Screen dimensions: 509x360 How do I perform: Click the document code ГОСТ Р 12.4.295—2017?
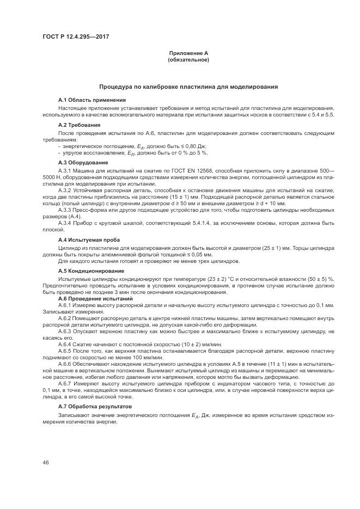pyautogui.click(x=72, y=37)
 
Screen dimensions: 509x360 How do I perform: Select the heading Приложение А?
pyautogui.click(x=188, y=53)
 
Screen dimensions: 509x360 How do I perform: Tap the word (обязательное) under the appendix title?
pyautogui.click(x=188, y=59)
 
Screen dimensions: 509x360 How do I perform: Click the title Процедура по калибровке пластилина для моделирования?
pyautogui.click(x=188, y=87)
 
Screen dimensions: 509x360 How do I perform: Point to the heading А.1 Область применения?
pyautogui.click(x=92, y=100)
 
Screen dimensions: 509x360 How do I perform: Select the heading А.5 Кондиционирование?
pyautogui.click(x=91, y=271)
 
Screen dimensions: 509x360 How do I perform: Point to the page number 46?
pyautogui.click(x=46, y=463)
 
